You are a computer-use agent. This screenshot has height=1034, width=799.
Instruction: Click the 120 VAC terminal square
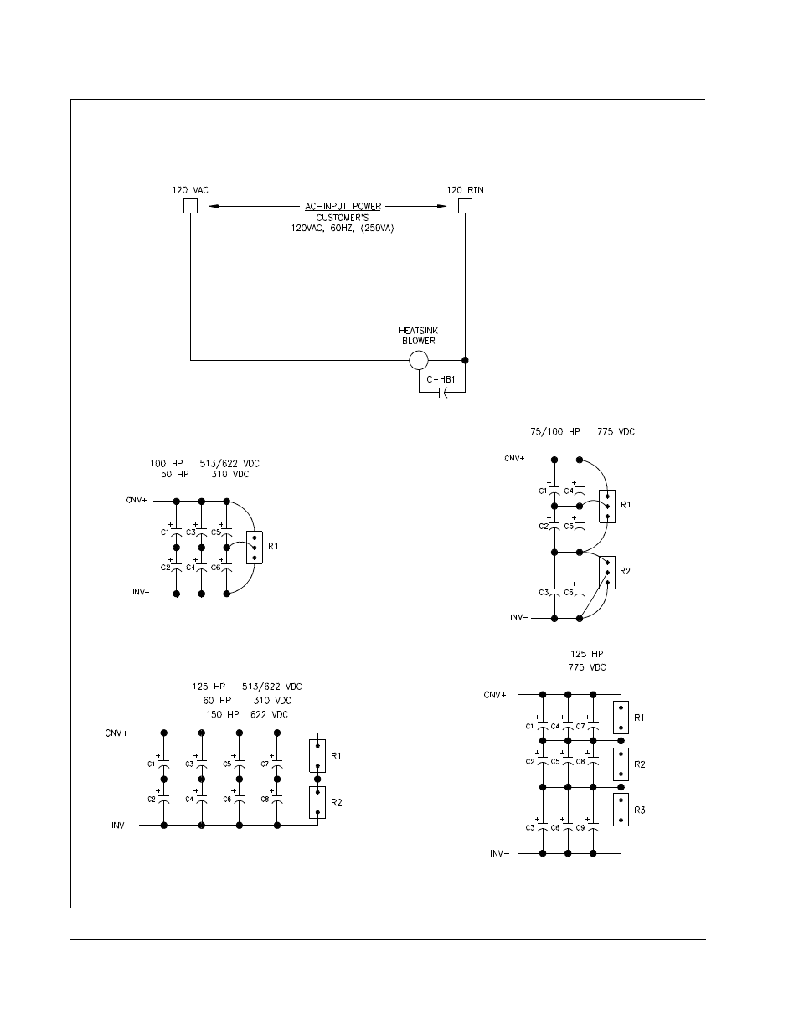pos(190,206)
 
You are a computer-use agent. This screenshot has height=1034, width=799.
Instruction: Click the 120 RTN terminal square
pos(465,206)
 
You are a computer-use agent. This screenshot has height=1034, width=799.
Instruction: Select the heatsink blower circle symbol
pos(418,361)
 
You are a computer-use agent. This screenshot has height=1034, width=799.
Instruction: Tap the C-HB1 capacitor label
pos(441,380)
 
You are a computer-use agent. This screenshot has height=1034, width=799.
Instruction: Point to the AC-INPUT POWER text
pos(342,206)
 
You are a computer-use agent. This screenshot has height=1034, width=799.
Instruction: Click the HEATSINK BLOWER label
pos(418,336)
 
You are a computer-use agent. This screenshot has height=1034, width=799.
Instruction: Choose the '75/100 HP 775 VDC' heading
pos(582,432)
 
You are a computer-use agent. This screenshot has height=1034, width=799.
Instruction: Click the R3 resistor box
pos(621,810)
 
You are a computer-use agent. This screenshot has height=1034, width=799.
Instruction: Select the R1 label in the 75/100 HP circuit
pos(626,505)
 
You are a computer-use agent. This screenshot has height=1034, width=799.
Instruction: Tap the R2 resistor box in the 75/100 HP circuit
pos(607,573)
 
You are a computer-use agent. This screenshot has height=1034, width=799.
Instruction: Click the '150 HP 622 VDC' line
pos(247,714)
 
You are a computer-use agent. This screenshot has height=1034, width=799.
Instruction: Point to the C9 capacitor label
pos(580,827)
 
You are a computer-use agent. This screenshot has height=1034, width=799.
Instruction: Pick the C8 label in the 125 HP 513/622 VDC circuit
pos(265,799)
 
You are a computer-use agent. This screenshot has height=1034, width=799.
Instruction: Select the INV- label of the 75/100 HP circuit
pos(518,618)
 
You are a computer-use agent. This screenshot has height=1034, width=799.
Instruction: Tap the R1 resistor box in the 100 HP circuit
pos(255,548)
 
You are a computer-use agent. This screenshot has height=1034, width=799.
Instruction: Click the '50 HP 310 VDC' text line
pos(205,475)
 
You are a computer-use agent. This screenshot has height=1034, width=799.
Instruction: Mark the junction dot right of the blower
pos(465,361)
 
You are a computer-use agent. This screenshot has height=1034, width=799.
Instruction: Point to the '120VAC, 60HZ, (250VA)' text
pos(342,228)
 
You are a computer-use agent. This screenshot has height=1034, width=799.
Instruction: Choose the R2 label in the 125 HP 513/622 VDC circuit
pos(337,802)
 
